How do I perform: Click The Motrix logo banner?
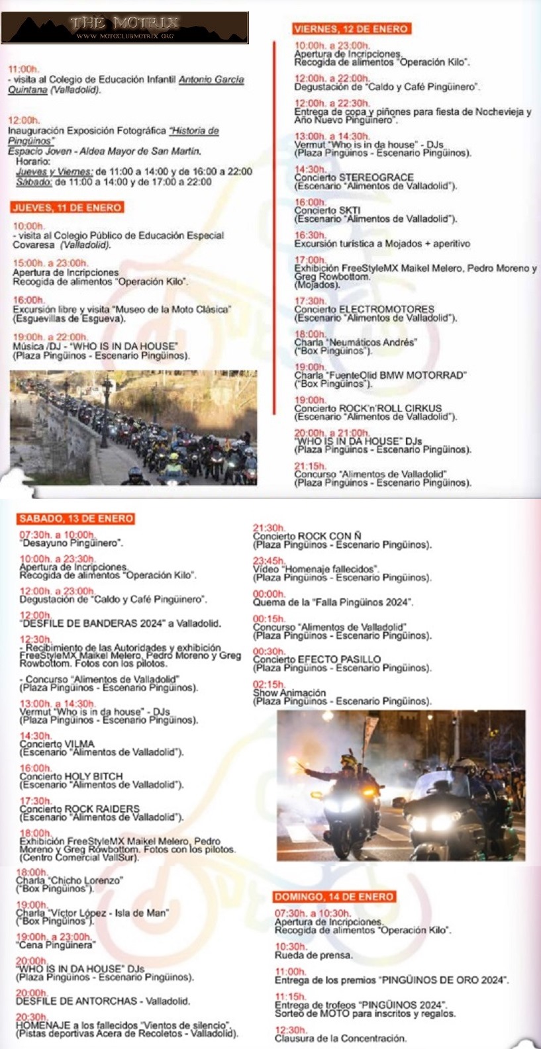click(125, 28)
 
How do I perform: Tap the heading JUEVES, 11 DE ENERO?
click(67, 207)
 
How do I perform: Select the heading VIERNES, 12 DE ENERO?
click(351, 28)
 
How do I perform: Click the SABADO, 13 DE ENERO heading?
click(76, 518)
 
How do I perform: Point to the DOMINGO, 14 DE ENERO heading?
click(334, 896)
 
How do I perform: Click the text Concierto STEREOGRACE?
click(354, 177)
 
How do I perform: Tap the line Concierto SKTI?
click(327, 210)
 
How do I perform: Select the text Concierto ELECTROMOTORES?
click(364, 309)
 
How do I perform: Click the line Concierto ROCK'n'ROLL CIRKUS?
click(368, 408)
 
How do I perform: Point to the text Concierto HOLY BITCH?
click(71, 776)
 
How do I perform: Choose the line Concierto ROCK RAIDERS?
click(79, 809)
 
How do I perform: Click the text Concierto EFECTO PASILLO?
click(317, 659)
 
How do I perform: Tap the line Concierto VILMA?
click(57, 744)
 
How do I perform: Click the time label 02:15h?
click(268, 684)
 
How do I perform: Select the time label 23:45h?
click(268, 560)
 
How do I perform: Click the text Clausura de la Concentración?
click(340, 1038)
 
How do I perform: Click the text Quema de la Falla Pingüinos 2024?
click(332, 602)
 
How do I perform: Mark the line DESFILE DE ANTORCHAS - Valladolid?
click(103, 1001)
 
